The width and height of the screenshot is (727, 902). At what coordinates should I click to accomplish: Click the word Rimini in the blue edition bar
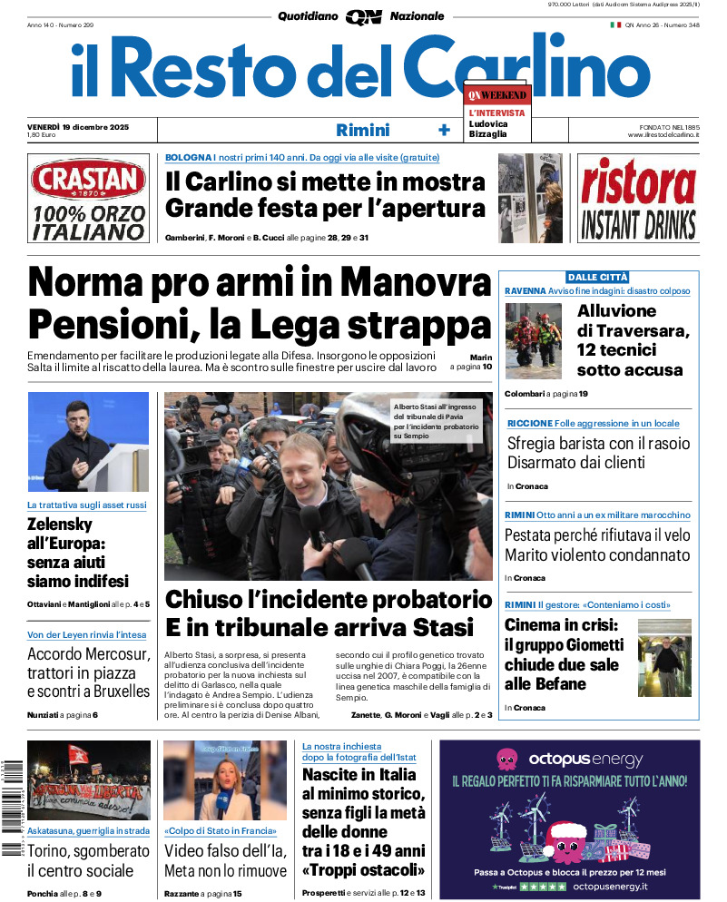pos(362,130)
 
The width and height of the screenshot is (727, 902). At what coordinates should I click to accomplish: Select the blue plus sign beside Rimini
pos(444,130)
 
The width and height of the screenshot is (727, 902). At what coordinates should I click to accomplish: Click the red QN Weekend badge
pos(496,94)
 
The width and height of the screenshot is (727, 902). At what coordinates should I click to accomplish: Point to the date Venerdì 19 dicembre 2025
pos(78,126)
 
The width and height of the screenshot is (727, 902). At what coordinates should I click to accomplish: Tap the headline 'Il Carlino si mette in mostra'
pos(325,181)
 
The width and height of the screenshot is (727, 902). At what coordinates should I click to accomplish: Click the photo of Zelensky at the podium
pos(87,441)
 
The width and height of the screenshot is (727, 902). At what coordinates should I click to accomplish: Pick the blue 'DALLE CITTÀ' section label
pos(597,277)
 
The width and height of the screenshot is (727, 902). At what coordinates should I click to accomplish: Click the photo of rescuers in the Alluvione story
pos(534,340)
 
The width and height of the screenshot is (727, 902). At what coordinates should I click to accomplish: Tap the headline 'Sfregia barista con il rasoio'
pos(598,444)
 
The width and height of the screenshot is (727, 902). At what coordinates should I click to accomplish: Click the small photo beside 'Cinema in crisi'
pos(664,658)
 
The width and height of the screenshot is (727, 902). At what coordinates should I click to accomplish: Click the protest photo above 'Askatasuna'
pos(88,780)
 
